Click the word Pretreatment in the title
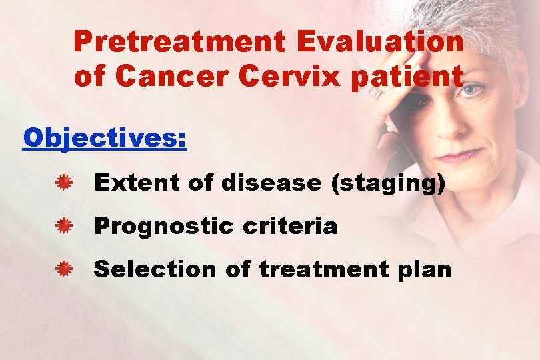tap(180, 42)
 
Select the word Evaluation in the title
tap(380, 42)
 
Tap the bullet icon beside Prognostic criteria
tap(64, 227)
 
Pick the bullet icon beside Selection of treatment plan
tap(64, 269)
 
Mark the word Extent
tap(136, 183)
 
